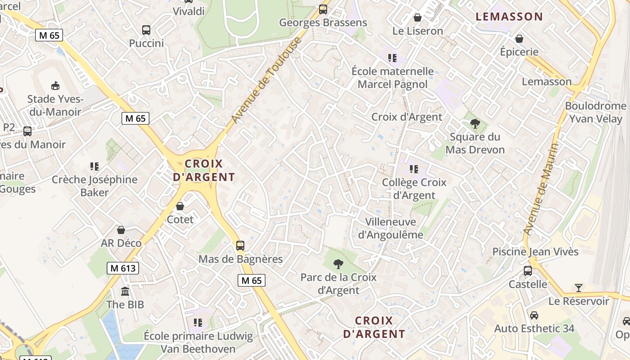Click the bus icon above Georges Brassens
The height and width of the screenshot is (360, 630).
click(x=323, y=9)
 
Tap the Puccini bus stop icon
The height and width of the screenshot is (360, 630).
click(x=146, y=30)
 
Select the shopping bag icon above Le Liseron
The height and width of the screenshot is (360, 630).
click(x=418, y=18)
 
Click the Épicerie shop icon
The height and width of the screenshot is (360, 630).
click(x=519, y=39)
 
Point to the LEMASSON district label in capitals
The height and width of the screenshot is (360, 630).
click(x=509, y=17)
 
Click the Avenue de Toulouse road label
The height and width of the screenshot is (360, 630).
click(x=266, y=81)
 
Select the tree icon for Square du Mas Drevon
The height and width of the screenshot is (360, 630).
click(x=475, y=124)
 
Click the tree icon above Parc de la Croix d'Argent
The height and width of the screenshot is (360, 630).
click(x=338, y=264)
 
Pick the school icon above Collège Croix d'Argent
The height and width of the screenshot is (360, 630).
click(x=414, y=169)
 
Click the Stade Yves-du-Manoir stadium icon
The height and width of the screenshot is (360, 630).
click(x=55, y=85)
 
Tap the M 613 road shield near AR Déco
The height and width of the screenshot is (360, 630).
click(x=123, y=269)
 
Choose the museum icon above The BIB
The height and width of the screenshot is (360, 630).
click(x=125, y=291)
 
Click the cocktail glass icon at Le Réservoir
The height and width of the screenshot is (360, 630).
click(x=579, y=288)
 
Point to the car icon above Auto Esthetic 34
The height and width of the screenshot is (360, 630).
click(x=534, y=315)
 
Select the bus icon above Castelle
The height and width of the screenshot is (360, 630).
click(x=528, y=271)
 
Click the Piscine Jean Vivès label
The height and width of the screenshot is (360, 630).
click(x=535, y=252)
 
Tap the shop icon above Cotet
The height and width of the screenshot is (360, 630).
click(x=180, y=206)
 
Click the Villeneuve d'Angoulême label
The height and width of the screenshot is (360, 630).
click(x=394, y=228)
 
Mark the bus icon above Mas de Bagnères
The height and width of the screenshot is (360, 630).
click(x=240, y=246)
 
